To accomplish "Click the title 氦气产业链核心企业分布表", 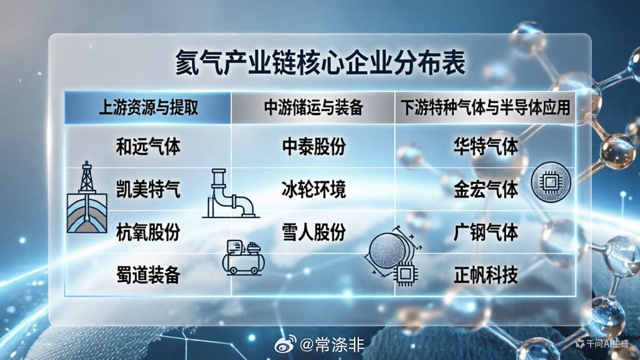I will point(320,63).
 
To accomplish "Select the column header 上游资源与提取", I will point(147,108).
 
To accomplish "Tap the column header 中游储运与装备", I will point(313,108).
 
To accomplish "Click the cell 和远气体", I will point(147,147).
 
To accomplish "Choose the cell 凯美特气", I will point(147,190).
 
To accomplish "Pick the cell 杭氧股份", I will point(147,232).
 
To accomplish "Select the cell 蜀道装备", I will point(147,275).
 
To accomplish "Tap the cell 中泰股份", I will point(313,147).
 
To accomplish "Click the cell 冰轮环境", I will point(313,190).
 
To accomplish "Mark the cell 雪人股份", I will point(313,232).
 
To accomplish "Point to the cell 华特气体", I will point(485,147).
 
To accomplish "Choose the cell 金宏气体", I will point(485,190).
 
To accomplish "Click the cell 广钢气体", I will point(485,232).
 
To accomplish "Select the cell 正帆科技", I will point(485,275).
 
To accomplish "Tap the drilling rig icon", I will point(87,197).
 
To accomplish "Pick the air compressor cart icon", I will point(242,257).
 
